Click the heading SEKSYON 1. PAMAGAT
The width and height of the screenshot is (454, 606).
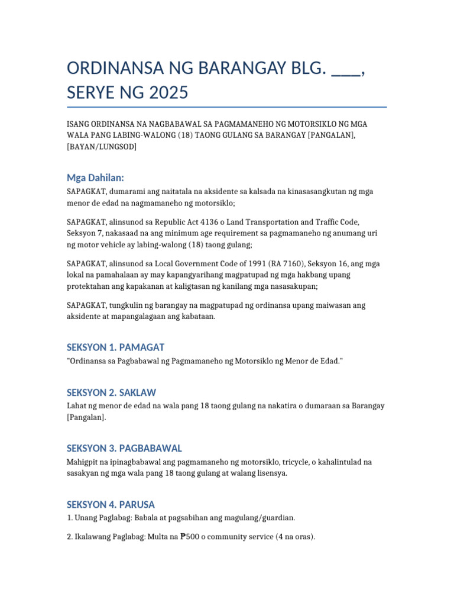[x=115, y=347]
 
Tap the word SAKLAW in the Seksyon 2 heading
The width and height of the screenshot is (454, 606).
[x=138, y=392]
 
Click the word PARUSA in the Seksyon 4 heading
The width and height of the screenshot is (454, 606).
[x=136, y=504]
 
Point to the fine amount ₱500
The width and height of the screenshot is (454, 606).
[x=191, y=537]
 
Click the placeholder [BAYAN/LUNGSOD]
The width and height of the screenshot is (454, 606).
[x=102, y=146]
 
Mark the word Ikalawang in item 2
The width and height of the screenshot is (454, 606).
[x=93, y=537]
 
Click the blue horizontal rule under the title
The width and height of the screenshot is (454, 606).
[x=227, y=107]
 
